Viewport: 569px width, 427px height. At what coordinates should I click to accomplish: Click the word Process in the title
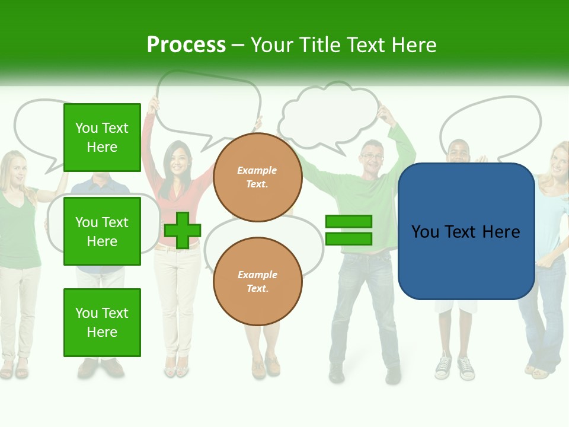(x=186, y=45)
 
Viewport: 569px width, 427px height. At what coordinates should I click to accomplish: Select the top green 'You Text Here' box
(x=102, y=138)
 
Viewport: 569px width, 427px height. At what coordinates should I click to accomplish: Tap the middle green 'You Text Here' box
(x=102, y=232)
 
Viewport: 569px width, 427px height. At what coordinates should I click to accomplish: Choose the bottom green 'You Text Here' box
(x=102, y=323)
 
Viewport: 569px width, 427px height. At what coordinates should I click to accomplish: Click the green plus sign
(x=183, y=230)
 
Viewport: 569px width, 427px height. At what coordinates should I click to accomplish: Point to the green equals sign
(x=349, y=230)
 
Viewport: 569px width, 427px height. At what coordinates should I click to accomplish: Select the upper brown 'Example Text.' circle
(x=257, y=177)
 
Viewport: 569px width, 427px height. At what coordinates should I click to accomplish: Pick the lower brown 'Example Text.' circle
(x=257, y=282)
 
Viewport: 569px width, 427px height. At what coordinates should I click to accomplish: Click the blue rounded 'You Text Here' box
(x=466, y=231)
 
